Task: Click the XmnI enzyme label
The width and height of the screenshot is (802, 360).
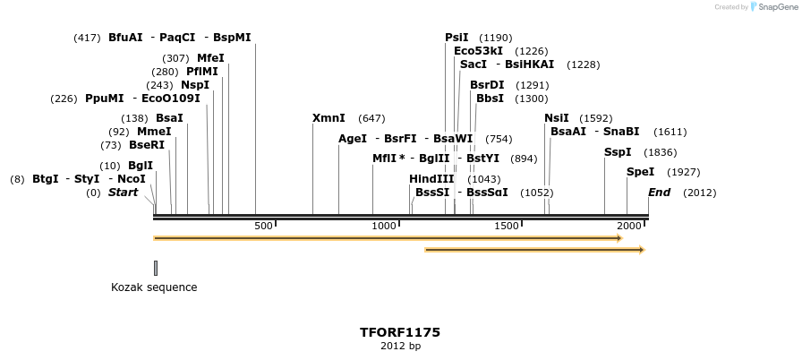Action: (328, 118)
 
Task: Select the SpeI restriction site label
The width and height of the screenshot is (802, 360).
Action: (640, 172)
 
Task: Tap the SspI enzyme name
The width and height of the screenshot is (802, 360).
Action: (618, 152)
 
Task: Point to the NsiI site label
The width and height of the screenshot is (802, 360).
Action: (557, 118)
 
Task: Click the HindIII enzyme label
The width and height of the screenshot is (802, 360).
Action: (432, 179)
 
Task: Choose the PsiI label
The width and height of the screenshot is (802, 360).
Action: (456, 38)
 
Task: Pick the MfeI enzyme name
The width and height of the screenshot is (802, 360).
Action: (210, 58)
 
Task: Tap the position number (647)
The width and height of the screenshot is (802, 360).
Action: (371, 118)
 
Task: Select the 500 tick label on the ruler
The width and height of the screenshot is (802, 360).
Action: (263, 226)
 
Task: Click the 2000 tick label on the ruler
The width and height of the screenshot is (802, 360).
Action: (629, 226)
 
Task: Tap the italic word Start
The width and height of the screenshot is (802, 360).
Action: (124, 193)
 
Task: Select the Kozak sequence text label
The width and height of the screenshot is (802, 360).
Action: (154, 287)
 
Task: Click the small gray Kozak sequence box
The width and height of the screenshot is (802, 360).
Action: (156, 268)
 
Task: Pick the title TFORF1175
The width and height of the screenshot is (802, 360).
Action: (400, 332)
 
